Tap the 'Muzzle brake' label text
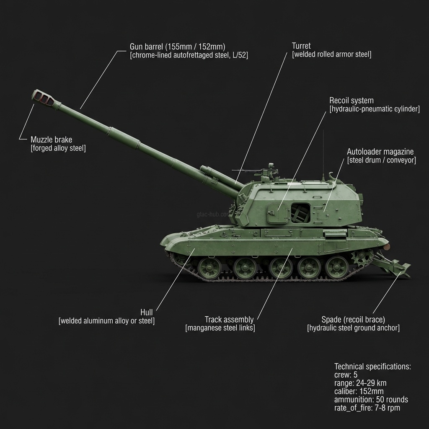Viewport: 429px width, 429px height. (x=51, y=140)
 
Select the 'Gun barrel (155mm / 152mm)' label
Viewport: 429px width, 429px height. (x=178, y=46)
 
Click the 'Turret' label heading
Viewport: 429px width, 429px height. (x=301, y=46)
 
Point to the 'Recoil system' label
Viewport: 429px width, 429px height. (x=351, y=101)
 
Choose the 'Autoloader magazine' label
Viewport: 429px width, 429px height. (x=380, y=152)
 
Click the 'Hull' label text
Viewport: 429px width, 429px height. (x=147, y=313)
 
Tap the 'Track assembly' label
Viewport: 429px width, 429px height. (x=229, y=320)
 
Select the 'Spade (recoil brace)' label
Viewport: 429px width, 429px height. (x=353, y=320)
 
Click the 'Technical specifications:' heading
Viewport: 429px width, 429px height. (x=372, y=366)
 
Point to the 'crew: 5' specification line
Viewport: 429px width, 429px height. (x=346, y=375)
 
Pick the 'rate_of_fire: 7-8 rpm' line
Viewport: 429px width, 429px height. (x=367, y=408)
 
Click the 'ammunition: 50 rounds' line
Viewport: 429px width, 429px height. (x=371, y=399)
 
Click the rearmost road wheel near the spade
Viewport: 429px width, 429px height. (x=337, y=267)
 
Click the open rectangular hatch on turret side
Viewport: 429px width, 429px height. (x=300, y=212)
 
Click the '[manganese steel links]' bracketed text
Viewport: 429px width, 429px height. (x=220, y=328)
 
